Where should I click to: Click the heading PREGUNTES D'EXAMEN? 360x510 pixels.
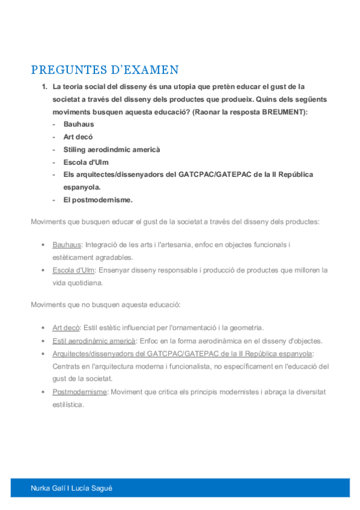tap(105, 69)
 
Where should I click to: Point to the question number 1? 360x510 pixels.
tap(44, 87)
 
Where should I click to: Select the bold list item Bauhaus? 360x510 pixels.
tap(79, 124)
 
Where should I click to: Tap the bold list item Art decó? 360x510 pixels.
tap(78, 137)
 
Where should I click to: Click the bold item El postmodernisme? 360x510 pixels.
tap(98, 200)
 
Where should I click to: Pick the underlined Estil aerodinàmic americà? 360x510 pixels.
tap(94, 340)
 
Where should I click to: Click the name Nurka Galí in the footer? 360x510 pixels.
tap(47, 488)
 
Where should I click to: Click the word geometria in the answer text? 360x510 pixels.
tap(245, 328)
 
